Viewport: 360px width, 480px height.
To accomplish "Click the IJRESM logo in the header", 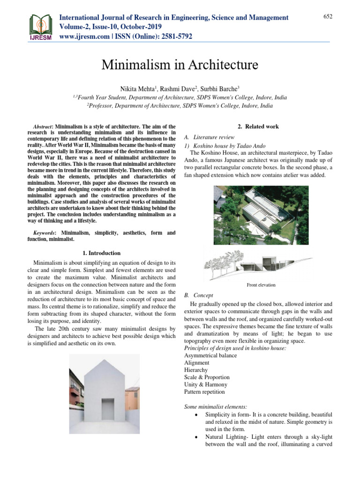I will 40,27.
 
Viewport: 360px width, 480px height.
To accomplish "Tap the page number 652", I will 328,16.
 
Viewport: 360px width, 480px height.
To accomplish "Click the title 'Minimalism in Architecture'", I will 180,64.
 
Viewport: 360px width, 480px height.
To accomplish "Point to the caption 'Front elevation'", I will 261,285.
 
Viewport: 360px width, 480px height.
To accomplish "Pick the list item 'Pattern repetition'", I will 204,392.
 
